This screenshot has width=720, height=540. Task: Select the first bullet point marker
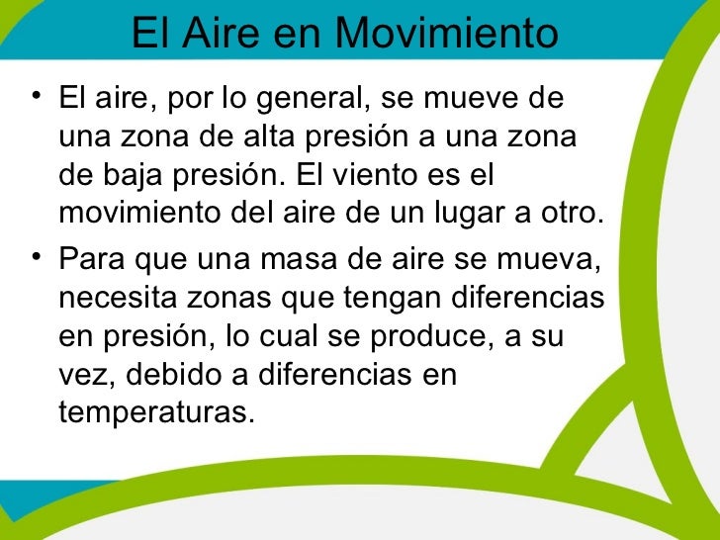coord(36,98)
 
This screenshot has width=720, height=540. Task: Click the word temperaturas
coord(150,413)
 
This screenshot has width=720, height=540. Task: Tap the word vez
coord(82,376)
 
